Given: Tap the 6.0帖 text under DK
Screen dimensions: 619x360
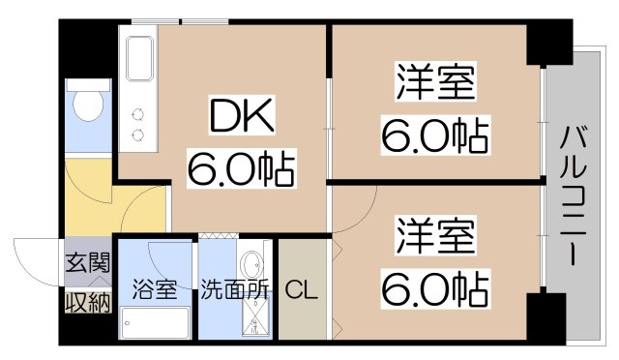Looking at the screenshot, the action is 241,171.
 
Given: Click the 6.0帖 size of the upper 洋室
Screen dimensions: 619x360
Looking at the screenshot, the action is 434,135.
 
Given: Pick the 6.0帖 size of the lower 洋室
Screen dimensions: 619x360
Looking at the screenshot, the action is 434,287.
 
